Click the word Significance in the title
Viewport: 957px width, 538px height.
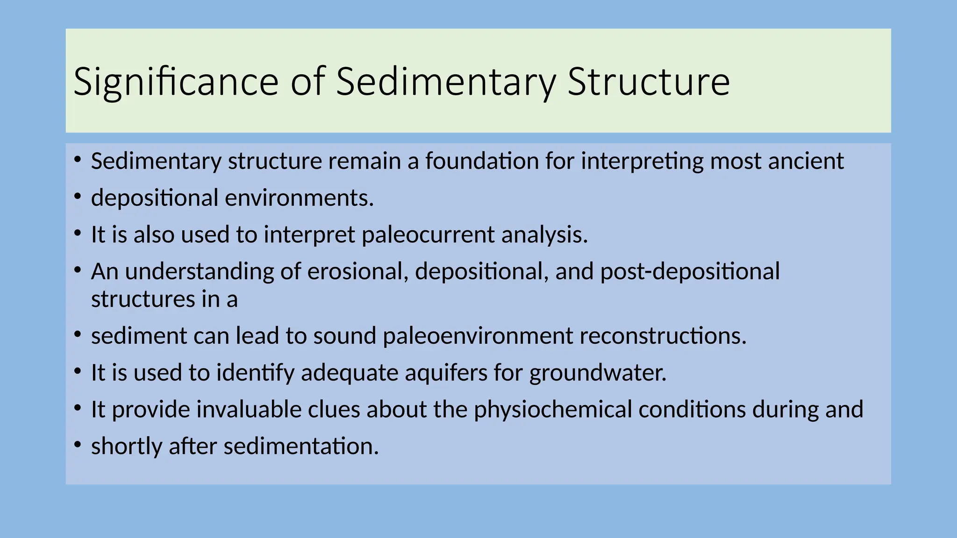(176, 82)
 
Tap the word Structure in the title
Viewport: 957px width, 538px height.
(648, 82)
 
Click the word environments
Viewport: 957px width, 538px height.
(299, 198)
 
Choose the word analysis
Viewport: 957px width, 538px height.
(544, 234)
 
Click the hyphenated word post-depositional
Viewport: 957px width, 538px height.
(690, 271)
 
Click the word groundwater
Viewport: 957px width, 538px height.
(598, 373)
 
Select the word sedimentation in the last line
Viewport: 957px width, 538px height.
(301, 446)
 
